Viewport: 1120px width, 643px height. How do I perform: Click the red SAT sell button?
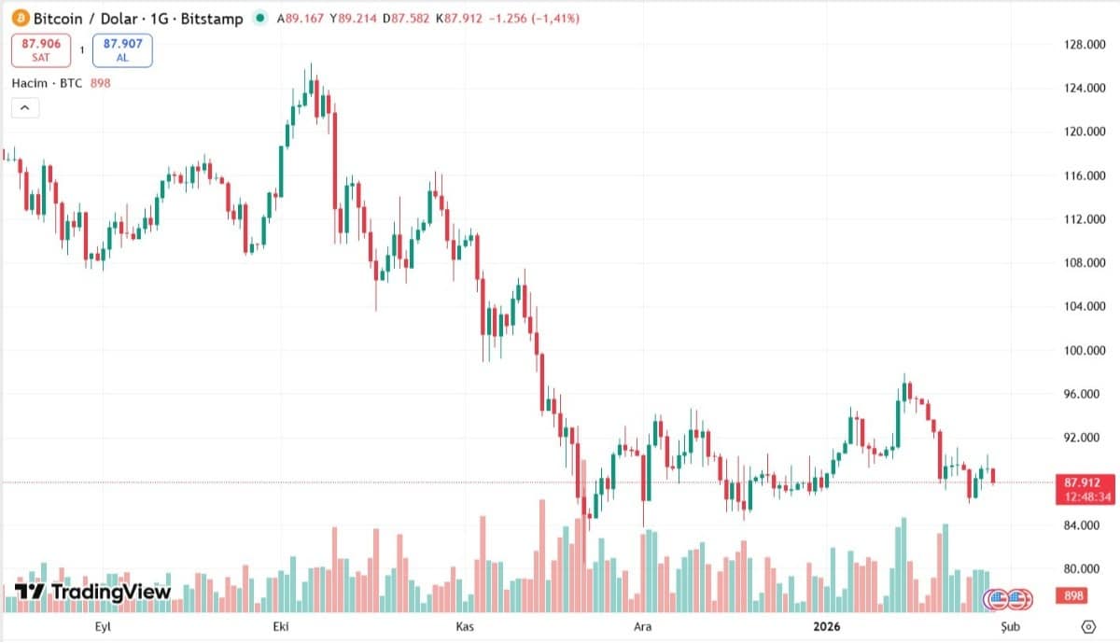click(x=41, y=50)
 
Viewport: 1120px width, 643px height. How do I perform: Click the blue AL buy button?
click(x=122, y=50)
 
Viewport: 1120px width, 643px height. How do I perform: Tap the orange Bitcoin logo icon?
click(x=21, y=19)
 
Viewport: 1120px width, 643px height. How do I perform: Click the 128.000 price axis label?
click(x=1085, y=45)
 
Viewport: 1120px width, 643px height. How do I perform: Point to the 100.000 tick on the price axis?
click(x=1085, y=350)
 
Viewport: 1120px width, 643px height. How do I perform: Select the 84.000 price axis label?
click(x=1085, y=525)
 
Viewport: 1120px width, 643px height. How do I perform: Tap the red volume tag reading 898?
click(x=1071, y=595)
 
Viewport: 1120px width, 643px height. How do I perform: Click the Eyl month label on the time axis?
click(x=103, y=626)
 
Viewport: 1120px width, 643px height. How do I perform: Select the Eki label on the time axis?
click(x=281, y=626)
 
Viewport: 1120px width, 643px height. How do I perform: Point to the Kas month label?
click(x=465, y=626)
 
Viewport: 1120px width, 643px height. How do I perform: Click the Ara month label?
click(x=642, y=626)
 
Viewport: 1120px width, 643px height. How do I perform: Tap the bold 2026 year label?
click(x=827, y=626)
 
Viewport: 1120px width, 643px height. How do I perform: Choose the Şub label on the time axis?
click(x=1010, y=627)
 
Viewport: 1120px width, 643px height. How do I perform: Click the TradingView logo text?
click(x=110, y=592)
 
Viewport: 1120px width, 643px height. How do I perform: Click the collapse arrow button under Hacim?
click(x=25, y=108)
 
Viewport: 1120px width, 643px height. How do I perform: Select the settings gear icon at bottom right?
click(x=1088, y=626)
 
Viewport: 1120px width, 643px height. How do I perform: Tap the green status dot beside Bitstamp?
click(x=260, y=18)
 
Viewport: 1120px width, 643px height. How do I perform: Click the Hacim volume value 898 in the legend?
click(x=100, y=83)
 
